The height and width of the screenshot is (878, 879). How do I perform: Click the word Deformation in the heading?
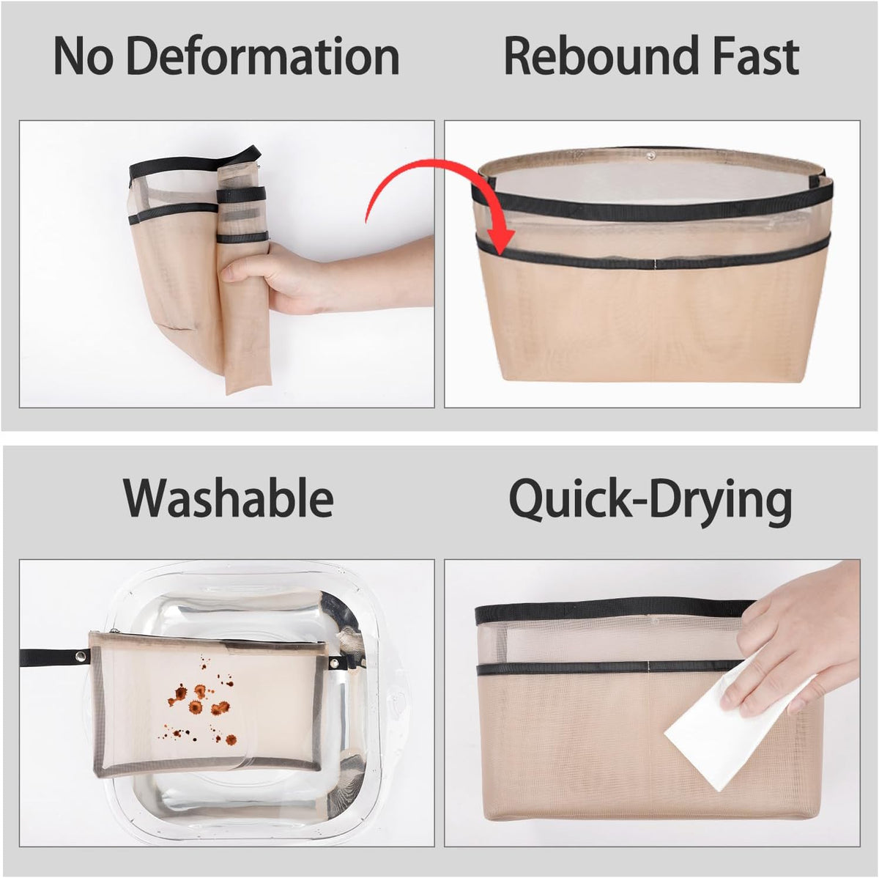(x=263, y=56)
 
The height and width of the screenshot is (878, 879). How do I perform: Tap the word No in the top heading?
(x=83, y=57)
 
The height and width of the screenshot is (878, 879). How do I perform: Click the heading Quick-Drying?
(x=650, y=501)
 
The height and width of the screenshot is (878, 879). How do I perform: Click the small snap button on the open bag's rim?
(x=651, y=155)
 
